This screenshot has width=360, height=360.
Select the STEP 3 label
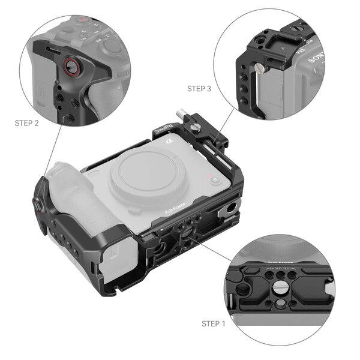pos(199,88)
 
